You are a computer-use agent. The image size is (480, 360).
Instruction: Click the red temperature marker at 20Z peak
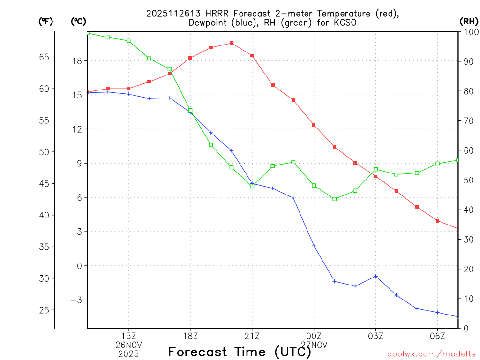pyautogui.click(x=232, y=43)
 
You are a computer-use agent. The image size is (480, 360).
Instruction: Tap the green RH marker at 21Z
pyautogui.click(x=252, y=186)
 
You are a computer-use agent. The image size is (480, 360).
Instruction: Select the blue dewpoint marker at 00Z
pyautogui.click(x=314, y=246)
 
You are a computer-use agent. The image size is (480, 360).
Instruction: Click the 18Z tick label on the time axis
pyautogui.click(x=190, y=336)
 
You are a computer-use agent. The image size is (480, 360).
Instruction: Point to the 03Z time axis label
pyautogui.click(x=376, y=336)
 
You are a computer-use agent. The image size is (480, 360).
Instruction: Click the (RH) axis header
pyautogui.click(x=468, y=22)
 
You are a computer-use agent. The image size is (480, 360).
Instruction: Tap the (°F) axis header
pyautogui.click(x=45, y=22)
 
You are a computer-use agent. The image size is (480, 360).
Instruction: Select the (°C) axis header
pyautogui.click(x=79, y=22)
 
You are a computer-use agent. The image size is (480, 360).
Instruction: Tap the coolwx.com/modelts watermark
pyautogui.click(x=431, y=354)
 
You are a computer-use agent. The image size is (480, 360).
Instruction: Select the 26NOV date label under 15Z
pyautogui.click(x=129, y=345)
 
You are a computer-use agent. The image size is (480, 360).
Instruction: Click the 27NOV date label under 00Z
pyautogui.click(x=314, y=345)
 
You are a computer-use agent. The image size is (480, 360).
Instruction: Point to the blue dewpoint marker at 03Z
pyautogui.click(x=376, y=276)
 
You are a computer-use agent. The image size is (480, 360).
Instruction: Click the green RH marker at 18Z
pyautogui.click(x=190, y=111)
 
